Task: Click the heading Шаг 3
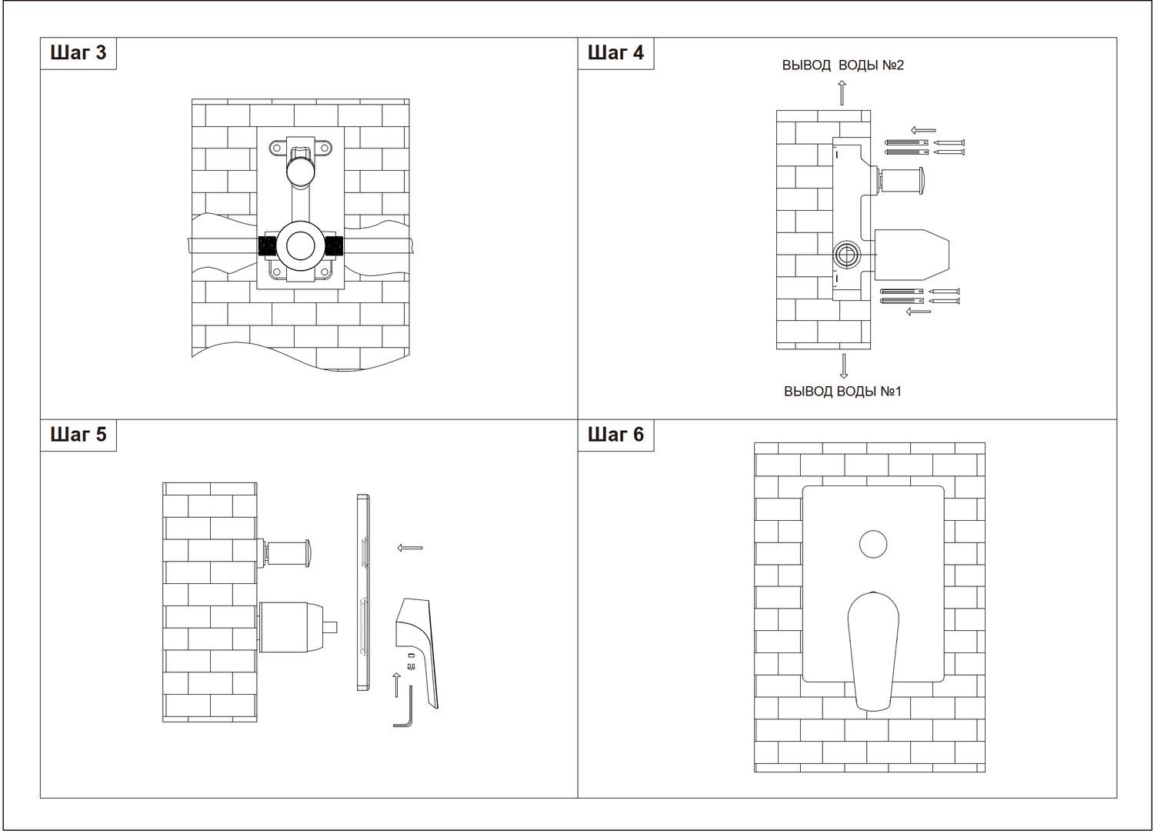pyautogui.click(x=78, y=52)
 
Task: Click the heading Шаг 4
pyautogui.click(x=615, y=52)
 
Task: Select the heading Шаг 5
pyautogui.click(x=78, y=434)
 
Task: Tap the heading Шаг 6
pyautogui.click(x=615, y=434)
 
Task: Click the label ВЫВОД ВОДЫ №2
pyautogui.click(x=843, y=65)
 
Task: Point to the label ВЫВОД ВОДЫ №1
pyautogui.click(x=843, y=392)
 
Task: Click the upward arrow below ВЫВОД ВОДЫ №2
pyautogui.click(x=842, y=93)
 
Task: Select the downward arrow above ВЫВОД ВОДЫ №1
pyautogui.click(x=843, y=365)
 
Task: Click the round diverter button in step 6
pyautogui.click(x=873, y=544)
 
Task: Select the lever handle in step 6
pyautogui.click(x=873, y=652)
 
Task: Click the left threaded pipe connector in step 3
pyautogui.click(x=268, y=247)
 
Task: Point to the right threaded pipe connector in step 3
pyautogui.click(x=334, y=247)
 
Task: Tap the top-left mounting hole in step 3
pyautogui.click(x=277, y=148)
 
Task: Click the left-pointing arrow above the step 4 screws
pyautogui.click(x=923, y=130)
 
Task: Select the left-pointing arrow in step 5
pyautogui.click(x=410, y=548)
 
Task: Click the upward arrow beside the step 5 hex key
pyautogui.click(x=396, y=686)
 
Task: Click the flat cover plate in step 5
pyautogui.click(x=363, y=592)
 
